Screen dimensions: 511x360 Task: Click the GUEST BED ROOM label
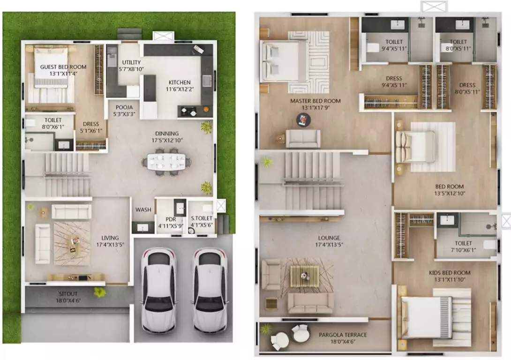click(63, 67)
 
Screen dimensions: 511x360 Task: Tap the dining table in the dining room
click(166, 162)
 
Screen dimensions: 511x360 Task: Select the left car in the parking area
click(159, 290)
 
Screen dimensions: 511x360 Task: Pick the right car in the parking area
click(209, 290)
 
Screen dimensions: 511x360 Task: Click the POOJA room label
click(124, 107)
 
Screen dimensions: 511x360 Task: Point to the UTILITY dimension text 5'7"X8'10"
click(131, 69)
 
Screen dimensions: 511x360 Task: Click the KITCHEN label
click(180, 82)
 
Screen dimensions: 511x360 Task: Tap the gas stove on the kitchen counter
click(188, 112)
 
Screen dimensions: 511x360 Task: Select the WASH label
click(143, 210)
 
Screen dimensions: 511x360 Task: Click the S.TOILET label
click(202, 218)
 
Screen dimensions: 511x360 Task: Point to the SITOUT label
click(68, 293)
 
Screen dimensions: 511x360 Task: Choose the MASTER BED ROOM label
click(316, 101)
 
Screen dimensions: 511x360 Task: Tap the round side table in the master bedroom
click(303, 120)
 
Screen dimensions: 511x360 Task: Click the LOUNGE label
click(329, 238)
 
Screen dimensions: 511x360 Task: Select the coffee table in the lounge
click(305, 276)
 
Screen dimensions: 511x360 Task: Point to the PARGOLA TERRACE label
click(343, 335)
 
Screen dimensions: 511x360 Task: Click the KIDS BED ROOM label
click(450, 273)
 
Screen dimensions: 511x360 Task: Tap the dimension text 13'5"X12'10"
click(450, 193)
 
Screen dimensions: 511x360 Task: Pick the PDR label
click(171, 219)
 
